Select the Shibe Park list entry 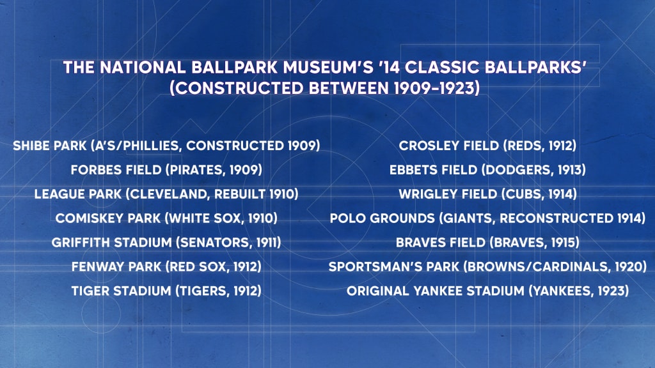[166, 146]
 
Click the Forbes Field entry [166, 170]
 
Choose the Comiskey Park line [166, 218]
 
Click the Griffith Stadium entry [166, 242]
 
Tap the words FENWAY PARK [116, 266]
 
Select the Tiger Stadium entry [166, 291]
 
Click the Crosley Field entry [487, 146]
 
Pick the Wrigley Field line [487, 194]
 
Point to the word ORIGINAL [377, 291]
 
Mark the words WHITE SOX [206, 218]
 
